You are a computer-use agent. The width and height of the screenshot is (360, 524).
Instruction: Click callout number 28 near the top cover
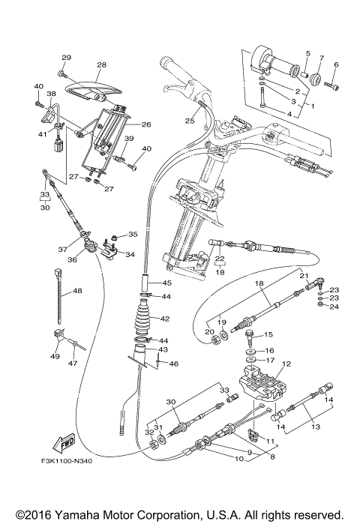[x=101, y=65]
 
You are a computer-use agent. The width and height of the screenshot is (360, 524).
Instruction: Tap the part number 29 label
[x=65, y=58]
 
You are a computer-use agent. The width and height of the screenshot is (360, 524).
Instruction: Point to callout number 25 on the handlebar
[x=190, y=120]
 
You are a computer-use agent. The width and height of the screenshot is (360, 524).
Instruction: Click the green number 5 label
[x=307, y=53]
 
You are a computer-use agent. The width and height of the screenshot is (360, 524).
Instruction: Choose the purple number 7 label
[x=321, y=57]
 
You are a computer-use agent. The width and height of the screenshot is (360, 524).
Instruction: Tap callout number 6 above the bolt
[x=335, y=64]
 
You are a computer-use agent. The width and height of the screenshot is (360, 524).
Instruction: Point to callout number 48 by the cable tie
[x=77, y=291]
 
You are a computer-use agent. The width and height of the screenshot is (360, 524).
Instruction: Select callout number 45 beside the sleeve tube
[x=166, y=283]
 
